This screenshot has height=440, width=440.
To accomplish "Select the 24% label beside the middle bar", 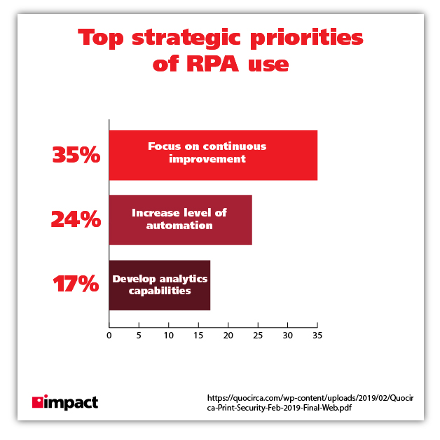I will click(x=76, y=219).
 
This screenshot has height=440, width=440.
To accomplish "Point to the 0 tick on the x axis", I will click(x=109, y=336).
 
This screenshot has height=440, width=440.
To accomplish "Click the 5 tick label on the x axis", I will click(x=139, y=336).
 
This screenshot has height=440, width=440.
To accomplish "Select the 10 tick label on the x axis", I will click(x=168, y=336).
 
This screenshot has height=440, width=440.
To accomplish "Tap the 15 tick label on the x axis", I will click(x=198, y=336).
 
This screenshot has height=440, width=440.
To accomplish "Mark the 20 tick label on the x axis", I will click(x=228, y=336).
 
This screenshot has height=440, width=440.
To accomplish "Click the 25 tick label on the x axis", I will click(x=258, y=336).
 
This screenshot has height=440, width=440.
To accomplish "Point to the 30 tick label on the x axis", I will click(x=287, y=336).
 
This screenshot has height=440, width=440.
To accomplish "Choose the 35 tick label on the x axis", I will click(x=317, y=336).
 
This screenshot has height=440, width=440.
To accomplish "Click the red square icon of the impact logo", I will click(x=37, y=402).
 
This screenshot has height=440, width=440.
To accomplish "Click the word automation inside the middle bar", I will click(x=179, y=226).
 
